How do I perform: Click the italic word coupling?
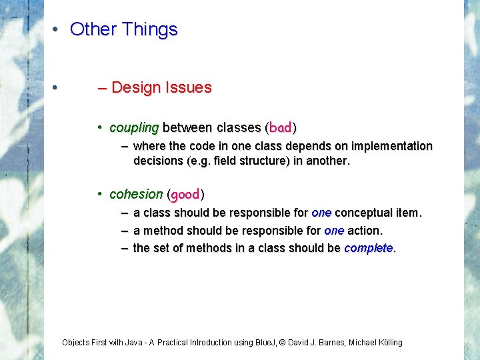pyautogui.click(x=134, y=127)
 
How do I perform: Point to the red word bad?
pyautogui.click(x=281, y=127)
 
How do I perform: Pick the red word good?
pyautogui.click(x=185, y=195)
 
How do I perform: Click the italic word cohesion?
pyautogui.click(x=136, y=195)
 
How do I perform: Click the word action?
pyautogui.click(x=365, y=231)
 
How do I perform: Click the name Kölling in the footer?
pyautogui.click(x=387, y=343)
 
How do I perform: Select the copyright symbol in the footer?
pyautogui.click(x=282, y=343)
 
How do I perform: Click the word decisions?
pyautogui.click(x=157, y=161)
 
